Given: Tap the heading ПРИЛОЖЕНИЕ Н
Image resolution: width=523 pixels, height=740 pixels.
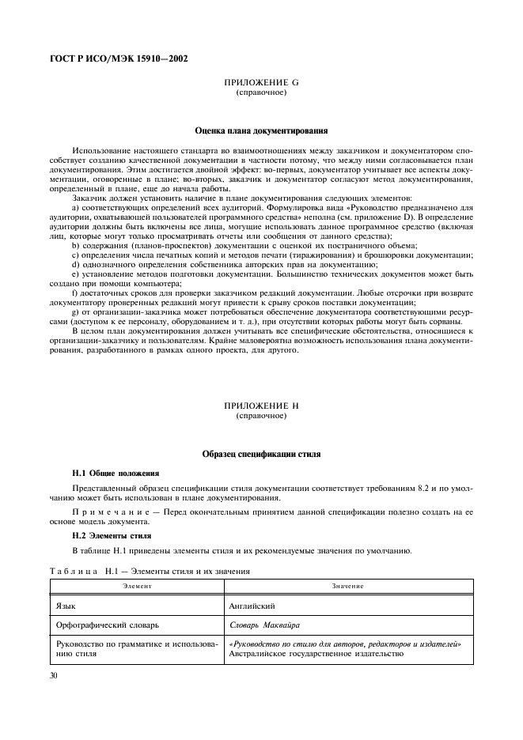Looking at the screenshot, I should pos(261,406).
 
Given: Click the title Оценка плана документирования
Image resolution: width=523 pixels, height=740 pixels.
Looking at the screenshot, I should pos(261,130).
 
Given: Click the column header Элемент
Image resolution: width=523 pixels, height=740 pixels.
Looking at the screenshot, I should pos(136,586).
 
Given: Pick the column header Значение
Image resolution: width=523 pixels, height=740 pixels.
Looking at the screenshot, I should pos(348,586).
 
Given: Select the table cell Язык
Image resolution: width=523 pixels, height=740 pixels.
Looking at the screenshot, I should pos(66,604).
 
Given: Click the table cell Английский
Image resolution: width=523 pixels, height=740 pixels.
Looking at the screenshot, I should pos(251,604).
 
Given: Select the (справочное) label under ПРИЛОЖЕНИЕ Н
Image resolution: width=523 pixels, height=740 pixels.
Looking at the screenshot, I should pos(261,415).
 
